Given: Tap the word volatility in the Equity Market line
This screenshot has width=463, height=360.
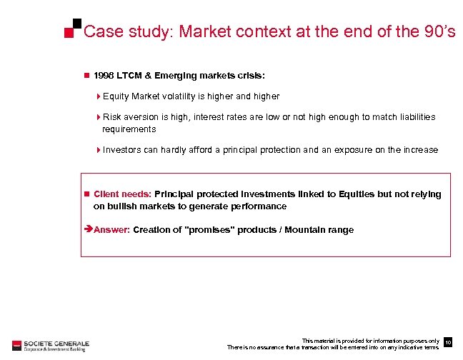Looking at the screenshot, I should [188, 96].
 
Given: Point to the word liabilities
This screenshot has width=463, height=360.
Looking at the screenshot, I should [412, 116].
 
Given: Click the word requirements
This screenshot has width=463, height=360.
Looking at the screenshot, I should [129, 129].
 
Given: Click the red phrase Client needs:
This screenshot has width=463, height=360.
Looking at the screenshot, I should [122, 194].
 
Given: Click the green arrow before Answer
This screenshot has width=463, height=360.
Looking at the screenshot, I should [88, 230].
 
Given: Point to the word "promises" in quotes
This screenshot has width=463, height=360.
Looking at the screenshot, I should [209, 230].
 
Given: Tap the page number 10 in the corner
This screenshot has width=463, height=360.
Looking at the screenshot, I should [447, 344].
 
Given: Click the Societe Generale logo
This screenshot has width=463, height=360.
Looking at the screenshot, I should [48, 344].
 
